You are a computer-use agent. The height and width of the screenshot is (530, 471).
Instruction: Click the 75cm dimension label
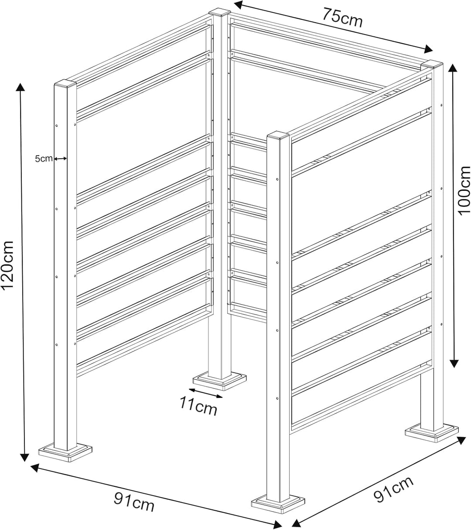tap(342, 17)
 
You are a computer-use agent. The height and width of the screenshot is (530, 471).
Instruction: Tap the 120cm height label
tap(7, 265)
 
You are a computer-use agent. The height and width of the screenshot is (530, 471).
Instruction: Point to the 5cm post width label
tap(44, 159)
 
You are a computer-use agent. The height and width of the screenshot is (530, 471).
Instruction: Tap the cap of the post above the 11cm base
tap(220, 12)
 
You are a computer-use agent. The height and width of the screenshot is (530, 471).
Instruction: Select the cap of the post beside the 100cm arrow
tap(432, 65)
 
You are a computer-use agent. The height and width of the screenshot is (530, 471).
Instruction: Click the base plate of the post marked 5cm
tap(65, 452)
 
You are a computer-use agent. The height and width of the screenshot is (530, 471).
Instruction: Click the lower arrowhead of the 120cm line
tap(24, 457)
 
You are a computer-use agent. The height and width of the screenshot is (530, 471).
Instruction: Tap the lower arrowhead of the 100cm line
tap(454, 363)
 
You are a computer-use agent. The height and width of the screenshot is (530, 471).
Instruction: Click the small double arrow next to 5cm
tap(60, 158)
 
